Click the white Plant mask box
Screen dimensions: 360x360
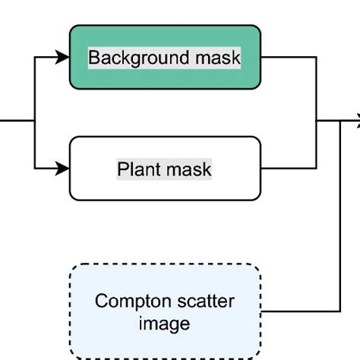165,168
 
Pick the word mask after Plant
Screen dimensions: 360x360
188,169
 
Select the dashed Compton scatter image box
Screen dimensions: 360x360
165,311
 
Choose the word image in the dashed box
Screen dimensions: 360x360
164,324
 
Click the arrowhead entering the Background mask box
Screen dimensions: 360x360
63,56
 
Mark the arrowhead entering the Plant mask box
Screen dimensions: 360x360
63,168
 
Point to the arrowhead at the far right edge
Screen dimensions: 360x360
355,119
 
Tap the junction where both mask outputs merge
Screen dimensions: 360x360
317,120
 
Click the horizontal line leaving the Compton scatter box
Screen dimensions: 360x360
300,311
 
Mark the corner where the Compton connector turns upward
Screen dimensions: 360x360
339,311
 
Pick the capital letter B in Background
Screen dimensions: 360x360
93,58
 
